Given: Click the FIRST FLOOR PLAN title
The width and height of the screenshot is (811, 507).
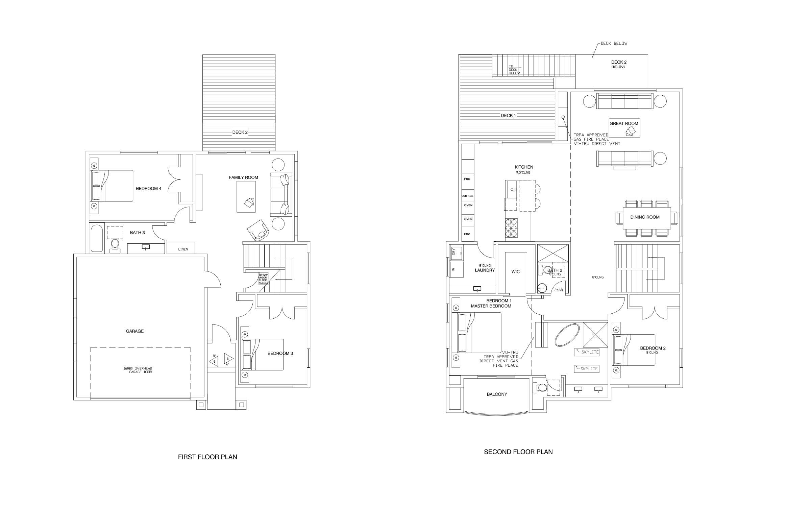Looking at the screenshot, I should (x=207, y=457).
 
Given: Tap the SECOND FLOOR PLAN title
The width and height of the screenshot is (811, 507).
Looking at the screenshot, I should (x=518, y=452).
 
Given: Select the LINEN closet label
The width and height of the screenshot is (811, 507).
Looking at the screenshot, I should (x=183, y=249).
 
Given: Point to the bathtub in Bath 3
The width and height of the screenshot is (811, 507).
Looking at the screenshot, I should (x=97, y=238).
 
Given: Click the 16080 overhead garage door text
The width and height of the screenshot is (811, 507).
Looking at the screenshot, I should (x=140, y=370).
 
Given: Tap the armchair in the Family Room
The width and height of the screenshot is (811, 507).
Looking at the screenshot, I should (x=259, y=230).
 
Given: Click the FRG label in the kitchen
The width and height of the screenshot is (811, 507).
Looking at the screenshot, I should (x=467, y=179).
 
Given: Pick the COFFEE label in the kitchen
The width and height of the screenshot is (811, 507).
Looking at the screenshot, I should (x=467, y=196).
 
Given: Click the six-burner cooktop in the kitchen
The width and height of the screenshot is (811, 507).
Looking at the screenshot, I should (x=511, y=228).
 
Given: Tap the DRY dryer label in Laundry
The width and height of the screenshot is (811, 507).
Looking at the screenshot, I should (x=454, y=251).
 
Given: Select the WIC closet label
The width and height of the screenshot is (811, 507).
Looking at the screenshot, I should (x=515, y=272).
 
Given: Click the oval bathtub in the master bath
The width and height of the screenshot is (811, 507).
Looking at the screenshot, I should (x=567, y=335).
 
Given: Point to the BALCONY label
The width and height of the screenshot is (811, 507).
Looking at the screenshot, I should (x=497, y=394).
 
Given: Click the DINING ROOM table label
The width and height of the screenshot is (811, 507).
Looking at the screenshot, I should (x=645, y=217).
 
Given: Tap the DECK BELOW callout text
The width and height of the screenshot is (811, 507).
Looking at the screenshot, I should (x=614, y=43).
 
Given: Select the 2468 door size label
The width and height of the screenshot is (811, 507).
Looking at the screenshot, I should (x=559, y=290).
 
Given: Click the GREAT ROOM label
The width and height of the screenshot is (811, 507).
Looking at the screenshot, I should (x=624, y=124).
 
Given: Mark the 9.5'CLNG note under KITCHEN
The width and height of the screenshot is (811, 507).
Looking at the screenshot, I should (x=523, y=173).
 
